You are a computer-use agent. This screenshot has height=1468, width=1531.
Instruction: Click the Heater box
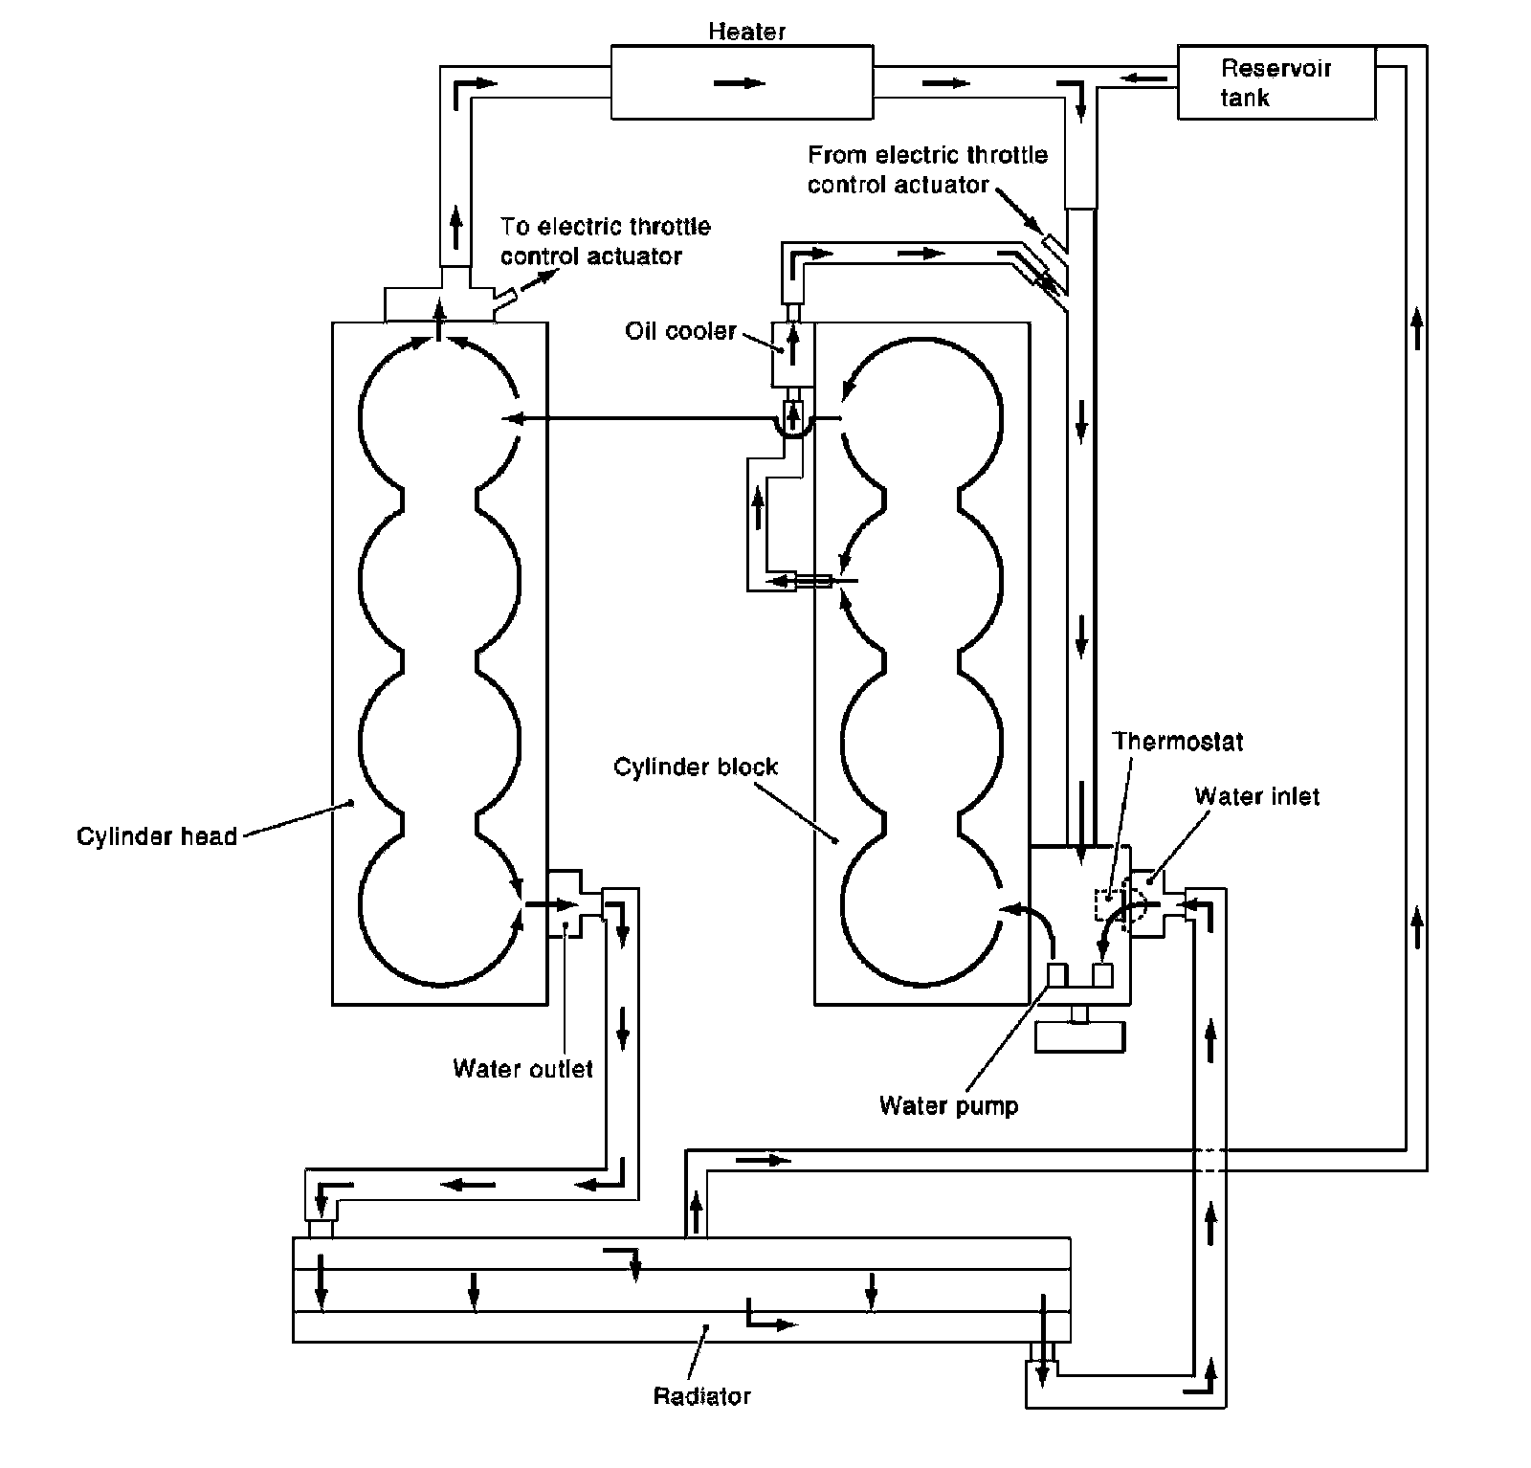[670, 82]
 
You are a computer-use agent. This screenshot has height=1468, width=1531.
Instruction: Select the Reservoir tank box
[1276, 82]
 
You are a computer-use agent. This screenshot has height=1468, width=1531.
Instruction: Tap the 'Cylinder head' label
[157, 836]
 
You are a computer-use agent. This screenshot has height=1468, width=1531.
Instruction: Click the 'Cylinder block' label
[696, 767]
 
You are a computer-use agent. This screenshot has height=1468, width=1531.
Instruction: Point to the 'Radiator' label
[701, 1396]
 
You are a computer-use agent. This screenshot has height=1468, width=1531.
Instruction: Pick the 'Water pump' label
[948, 1106]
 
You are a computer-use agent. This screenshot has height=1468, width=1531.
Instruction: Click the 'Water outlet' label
[522, 1068]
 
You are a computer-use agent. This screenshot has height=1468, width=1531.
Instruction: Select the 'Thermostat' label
[1178, 741]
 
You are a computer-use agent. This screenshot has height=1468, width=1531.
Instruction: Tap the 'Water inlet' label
[1256, 796]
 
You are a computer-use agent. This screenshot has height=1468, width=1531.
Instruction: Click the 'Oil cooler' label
[680, 331]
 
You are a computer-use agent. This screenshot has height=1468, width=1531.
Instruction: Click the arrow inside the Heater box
[740, 83]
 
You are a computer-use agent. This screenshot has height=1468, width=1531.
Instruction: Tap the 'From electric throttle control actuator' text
[926, 169]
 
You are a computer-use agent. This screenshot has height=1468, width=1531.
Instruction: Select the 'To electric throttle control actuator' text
[605, 241]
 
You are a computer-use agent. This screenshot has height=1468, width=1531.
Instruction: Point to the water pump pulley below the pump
[1079, 1037]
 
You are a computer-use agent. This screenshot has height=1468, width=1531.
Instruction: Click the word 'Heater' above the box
[746, 32]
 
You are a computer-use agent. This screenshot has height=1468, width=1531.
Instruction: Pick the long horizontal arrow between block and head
[641, 418]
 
